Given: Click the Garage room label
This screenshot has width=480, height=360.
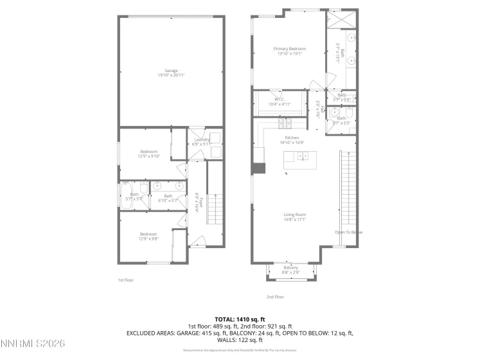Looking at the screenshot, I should click(x=171, y=71).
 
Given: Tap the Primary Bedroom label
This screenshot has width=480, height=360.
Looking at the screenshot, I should click(x=289, y=49).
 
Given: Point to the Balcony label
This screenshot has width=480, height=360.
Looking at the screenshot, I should click(x=291, y=267).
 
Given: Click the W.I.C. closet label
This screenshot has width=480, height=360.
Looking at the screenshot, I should click(x=280, y=99).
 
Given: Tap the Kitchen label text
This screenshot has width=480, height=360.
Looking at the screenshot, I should click(x=292, y=138).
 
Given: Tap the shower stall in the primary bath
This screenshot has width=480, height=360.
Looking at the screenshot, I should click(x=337, y=19).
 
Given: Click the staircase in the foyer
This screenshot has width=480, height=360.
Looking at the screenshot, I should click(x=215, y=208).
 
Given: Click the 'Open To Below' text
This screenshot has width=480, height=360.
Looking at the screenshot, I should click(x=349, y=232).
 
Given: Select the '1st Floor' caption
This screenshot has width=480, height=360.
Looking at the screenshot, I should click(x=125, y=280).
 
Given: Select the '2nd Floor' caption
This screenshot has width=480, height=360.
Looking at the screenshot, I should click(x=275, y=296).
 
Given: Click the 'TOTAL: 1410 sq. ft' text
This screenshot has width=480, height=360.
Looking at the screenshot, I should click(x=240, y=319).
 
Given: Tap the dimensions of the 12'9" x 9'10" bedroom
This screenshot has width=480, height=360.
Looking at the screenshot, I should click(x=148, y=156).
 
